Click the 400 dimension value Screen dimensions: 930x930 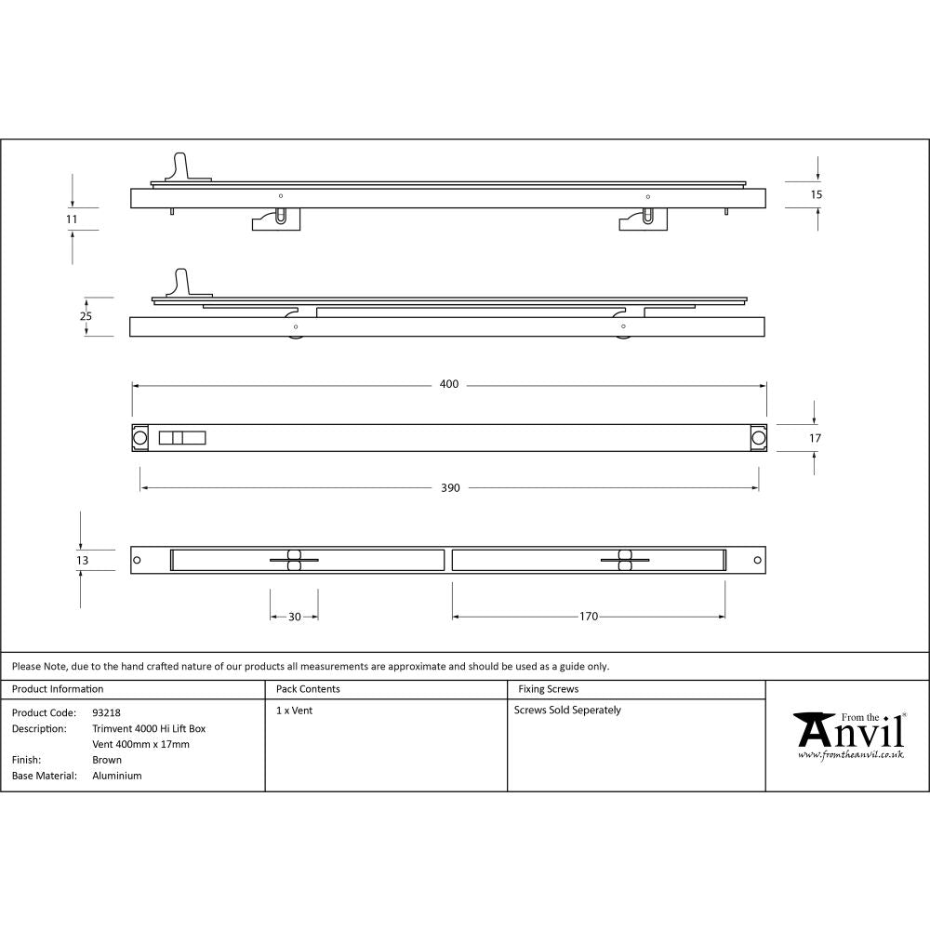coord(449,384)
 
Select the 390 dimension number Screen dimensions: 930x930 coord(450,487)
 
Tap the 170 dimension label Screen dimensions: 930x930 coord(588,616)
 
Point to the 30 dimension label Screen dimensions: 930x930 coord(294,616)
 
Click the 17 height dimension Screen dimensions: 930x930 coord(816,437)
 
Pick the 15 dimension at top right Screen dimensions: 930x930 coord(817,194)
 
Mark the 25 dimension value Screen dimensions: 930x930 coord(86,316)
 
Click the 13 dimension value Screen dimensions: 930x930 coord(83,560)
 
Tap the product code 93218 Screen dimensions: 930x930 coord(106,712)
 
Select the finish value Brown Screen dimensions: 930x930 coord(107,760)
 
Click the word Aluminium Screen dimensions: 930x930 coord(117,776)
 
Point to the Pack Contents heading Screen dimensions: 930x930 coord(308,689)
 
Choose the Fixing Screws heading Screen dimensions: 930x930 coord(548,689)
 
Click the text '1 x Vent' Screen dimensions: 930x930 coord(294,710)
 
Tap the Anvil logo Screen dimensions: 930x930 coord(849,731)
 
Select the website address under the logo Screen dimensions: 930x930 coord(850,755)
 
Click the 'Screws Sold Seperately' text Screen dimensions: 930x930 coord(567,710)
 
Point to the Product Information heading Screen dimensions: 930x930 coord(58,689)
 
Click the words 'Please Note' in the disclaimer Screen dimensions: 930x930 coord(38,666)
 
